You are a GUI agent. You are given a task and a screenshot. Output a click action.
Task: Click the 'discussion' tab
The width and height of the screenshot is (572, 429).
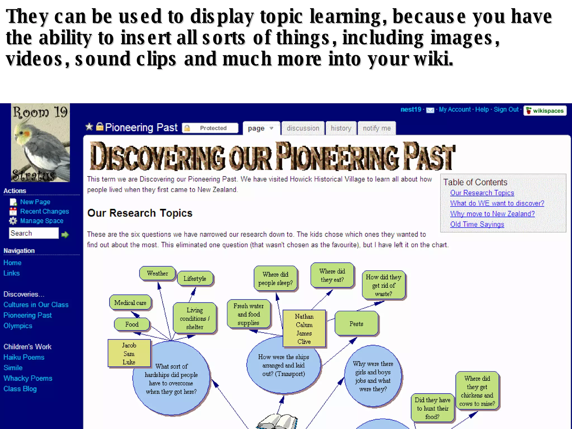pos(303,128)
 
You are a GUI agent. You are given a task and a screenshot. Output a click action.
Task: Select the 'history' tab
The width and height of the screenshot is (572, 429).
pos(341,128)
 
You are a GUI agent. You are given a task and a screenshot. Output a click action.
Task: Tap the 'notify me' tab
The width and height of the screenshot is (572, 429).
pos(376,128)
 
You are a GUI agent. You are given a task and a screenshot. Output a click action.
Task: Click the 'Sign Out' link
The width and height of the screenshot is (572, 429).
pos(506,109)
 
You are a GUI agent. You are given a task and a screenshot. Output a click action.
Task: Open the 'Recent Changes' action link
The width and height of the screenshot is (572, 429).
pos(44,211)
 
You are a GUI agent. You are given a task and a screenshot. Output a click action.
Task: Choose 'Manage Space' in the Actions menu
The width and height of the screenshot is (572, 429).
pos(42,221)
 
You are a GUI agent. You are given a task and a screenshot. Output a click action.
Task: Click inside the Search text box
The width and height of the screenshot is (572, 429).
pos(34,233)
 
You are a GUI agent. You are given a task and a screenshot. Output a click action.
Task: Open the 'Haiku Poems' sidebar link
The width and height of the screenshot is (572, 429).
pos(24,357)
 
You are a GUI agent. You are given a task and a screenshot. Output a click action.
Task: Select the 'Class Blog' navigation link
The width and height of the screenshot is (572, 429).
pos(20,389)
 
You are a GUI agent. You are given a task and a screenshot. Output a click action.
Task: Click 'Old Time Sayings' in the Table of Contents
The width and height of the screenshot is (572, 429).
pos(477,224)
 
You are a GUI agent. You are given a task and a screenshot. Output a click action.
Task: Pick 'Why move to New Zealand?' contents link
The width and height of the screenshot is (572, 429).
pos(492,214)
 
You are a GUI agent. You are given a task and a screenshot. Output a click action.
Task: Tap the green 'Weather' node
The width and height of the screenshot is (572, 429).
pos(158,273)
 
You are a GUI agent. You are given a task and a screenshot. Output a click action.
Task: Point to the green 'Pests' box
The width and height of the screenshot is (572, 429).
pos(356,324)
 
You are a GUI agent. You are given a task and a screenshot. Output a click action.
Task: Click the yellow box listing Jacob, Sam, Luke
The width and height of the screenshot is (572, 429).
pos(129,353)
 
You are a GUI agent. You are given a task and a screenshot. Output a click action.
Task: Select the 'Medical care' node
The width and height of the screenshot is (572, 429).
pos(130,303)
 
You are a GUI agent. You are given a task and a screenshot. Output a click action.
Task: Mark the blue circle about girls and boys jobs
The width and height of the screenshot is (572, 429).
pos(373,376)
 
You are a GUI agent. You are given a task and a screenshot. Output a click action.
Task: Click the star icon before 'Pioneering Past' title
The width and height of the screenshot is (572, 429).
pos(89,127)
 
